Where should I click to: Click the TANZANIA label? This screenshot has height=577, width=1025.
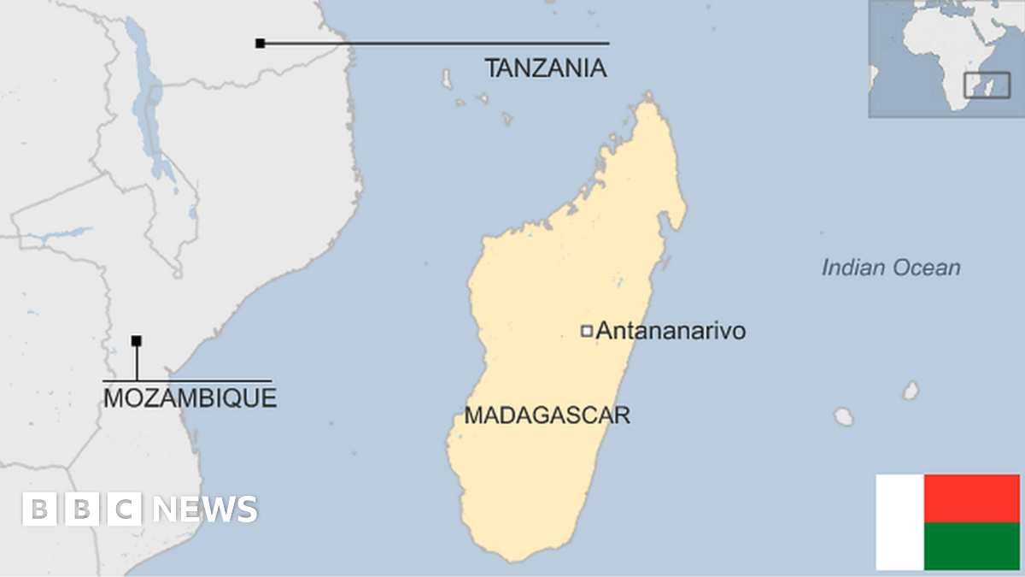[x=546, y=68]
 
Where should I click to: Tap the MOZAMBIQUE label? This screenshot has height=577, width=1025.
[x=190, y=397]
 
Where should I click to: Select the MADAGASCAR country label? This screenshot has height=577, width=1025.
[x=547, y=415]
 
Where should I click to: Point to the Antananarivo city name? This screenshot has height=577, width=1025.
[x=670, y=331]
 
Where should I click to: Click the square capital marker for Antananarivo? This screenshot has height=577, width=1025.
[x=587, y=331]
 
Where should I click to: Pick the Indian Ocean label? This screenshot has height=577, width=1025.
[x=890, y=268]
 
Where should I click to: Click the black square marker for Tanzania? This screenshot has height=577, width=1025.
[x=260, y=43]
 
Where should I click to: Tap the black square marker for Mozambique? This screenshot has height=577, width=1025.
[x=136, y=341]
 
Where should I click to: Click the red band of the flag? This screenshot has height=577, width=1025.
[x=971, y=498]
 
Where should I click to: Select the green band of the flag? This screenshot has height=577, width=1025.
[x=971, y=546]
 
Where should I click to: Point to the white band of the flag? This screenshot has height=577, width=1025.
[x=899, y=522]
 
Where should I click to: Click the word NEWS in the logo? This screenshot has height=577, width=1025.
[x=205, y=509]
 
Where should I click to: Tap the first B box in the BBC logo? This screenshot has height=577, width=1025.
[x=38, y=509]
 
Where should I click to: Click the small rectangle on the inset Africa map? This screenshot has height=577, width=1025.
[x=987, y=85]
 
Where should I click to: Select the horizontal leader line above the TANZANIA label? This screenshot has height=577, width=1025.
[x=436, y=43]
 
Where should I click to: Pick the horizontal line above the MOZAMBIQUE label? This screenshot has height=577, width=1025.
[x=188, y=380]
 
